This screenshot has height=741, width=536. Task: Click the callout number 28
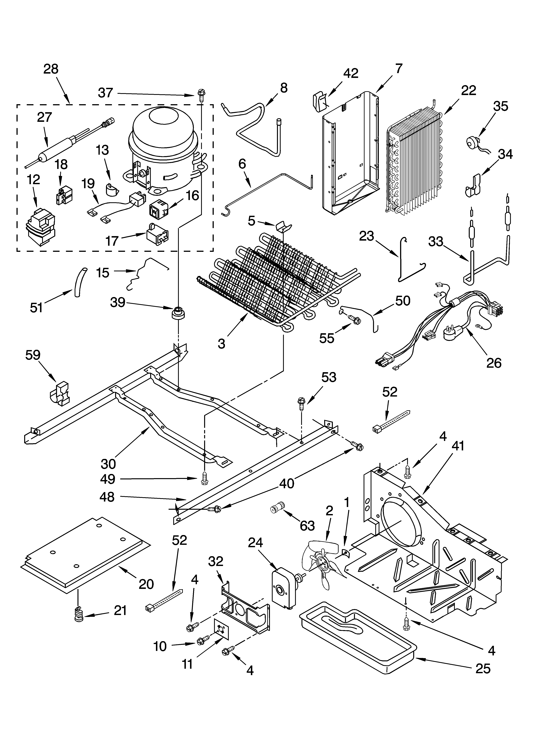click(51, 69)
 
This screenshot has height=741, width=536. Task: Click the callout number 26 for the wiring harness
click(494, 363)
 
